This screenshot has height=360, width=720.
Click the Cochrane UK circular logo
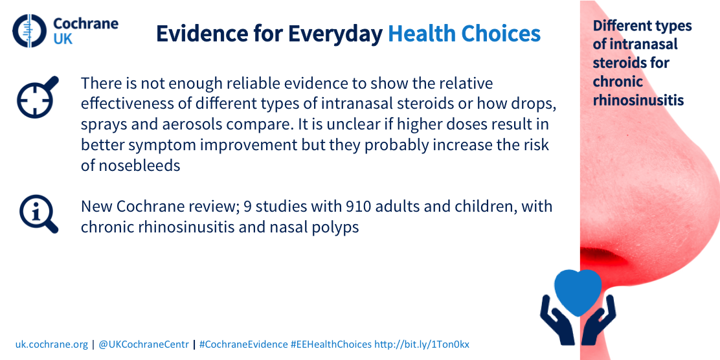point(30,31)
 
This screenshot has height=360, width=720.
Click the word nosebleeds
point(131,166)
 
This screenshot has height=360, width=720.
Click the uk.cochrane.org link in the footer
point(51,344)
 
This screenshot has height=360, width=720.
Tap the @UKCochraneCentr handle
point(144,344)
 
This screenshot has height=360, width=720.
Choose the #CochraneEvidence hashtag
point(243,344)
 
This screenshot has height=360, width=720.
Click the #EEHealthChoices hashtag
point(331,344)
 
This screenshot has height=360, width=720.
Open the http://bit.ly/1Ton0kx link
point(422,344)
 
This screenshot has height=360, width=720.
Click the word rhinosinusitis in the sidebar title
point(638,100)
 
